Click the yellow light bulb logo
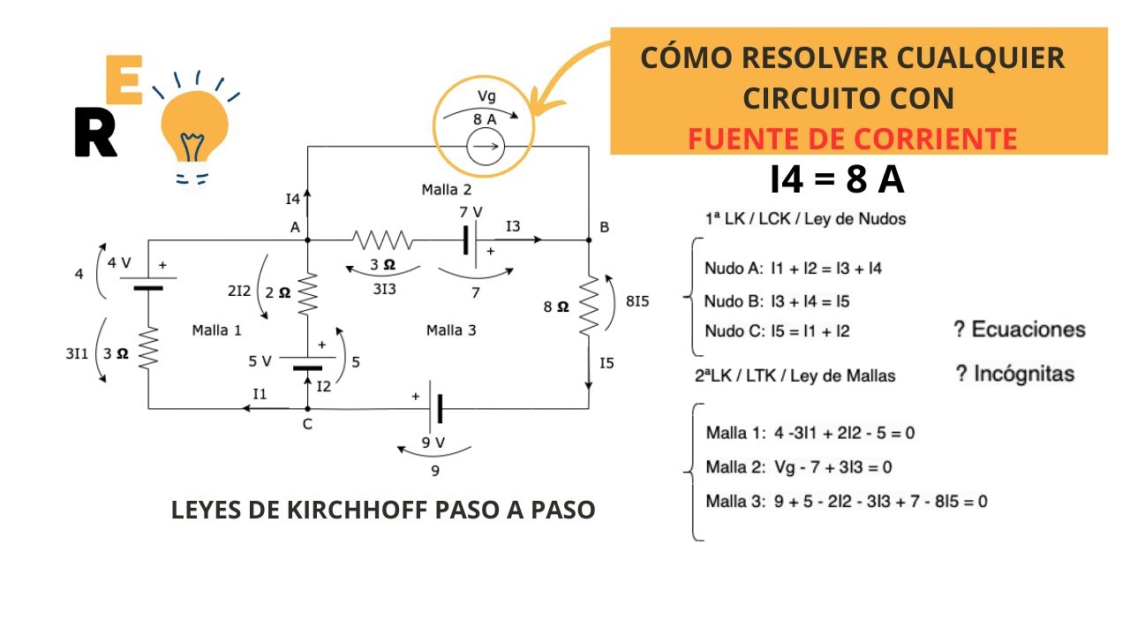tap(191, 132)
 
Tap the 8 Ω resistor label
tap(556, 307)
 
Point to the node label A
tap(294, 227)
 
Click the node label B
tap(605, 228)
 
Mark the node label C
tap(307, 424)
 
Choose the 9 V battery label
tap(433, 442)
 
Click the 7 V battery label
tap(471, 212)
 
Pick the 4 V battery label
tap(118, 262)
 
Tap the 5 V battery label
tap(260, 360)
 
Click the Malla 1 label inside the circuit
tap(216, 330)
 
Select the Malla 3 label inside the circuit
tap(451, 330)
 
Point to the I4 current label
tap(293, 200)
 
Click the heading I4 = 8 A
tap(837, 180)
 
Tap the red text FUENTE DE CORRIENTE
tap(852, 139)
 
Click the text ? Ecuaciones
tap(1020, 329)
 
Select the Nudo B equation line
tap(777, 301)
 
